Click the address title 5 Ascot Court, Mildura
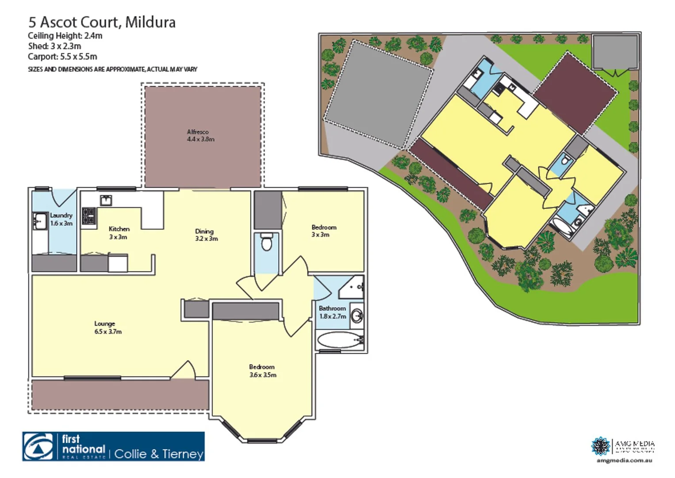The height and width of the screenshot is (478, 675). [102, 22]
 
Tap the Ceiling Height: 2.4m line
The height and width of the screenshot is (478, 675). [65, 36]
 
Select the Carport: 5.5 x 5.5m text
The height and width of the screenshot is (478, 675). [62, 57]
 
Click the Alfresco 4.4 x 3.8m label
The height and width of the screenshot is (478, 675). [200, 135]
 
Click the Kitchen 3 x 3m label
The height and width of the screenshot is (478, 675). [119, 233]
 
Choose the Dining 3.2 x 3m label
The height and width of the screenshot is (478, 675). [206, 235]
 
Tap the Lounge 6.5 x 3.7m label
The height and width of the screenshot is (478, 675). [107, 328]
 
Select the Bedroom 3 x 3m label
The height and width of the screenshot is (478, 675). [323, 231]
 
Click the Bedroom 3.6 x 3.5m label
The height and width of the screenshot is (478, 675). [262, 371]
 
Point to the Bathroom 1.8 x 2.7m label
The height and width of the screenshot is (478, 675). [332, 312]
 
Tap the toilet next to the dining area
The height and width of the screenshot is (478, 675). [266, 243]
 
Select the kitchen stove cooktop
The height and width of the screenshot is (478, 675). [89, 216]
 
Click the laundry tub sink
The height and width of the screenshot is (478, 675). [40, 220]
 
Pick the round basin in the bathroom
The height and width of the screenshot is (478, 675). [357, 316]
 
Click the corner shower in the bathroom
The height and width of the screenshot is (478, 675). [353, 287]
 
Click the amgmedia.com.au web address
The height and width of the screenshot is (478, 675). [624, 460]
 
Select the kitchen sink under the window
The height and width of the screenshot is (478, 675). [106, 200]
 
